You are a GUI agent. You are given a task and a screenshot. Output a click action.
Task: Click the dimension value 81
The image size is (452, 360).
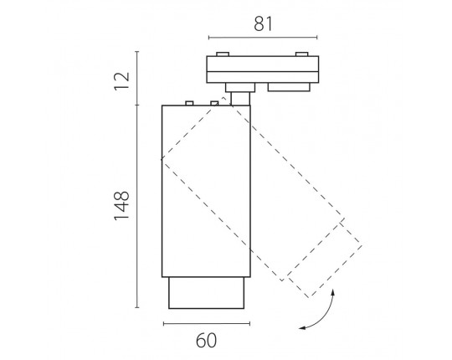[x=263, y=24]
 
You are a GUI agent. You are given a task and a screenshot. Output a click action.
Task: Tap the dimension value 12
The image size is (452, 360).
[x=121, y=81]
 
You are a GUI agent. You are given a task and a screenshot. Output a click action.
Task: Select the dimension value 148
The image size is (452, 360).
[x=121, y=206]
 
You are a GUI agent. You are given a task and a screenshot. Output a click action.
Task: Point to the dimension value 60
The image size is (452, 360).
[x=206, y=341]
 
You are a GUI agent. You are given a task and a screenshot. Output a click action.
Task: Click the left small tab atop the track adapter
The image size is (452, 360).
[x=223, y=54]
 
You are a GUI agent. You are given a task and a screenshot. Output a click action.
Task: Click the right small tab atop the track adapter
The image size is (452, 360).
[x=302, y=54]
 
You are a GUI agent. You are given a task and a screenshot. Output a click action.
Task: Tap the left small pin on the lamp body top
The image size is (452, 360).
[x=189, y=103]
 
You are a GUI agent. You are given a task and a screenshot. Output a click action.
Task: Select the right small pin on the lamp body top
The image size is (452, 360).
[x=214, y=103]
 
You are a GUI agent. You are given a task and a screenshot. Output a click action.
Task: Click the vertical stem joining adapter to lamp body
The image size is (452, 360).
[x=240, y=99]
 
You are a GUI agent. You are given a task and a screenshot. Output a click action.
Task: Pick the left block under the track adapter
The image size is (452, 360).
[x=240, y=87]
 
